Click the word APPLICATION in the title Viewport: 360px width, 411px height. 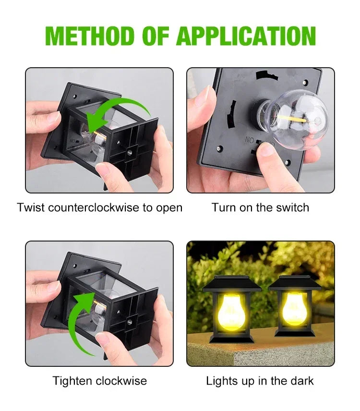[246, 36]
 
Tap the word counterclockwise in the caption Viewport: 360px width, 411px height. [91, 208]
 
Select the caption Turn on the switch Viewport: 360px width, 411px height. [260, 208]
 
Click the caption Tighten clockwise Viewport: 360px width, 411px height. [99, 381]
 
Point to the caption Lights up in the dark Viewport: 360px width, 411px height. [260, 381]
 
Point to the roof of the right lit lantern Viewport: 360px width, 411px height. [294, 282]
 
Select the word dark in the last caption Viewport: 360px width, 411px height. [301, 381]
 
